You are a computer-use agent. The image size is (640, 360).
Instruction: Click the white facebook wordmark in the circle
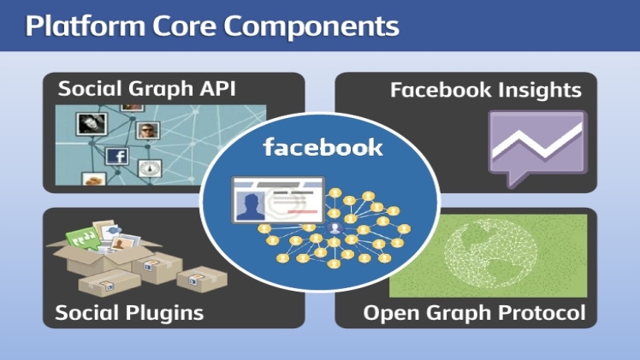(323, 148)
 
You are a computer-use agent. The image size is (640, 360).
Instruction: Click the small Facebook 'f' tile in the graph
(117, 156)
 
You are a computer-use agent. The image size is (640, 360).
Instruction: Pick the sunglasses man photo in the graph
(148, 132)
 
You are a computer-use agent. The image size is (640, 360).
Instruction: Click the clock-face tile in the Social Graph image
(151, 168)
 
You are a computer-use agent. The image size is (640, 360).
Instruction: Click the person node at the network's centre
(336, 230)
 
